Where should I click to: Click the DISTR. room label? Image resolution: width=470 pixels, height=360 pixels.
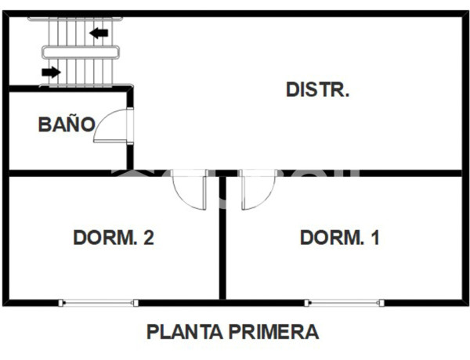point(317,89)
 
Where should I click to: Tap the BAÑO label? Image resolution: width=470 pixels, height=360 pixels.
point(67,124)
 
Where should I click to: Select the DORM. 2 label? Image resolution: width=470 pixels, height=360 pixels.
point(113,238)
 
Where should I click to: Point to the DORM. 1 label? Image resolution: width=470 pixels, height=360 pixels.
point(340,238)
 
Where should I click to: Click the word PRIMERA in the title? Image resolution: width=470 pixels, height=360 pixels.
point(273,332)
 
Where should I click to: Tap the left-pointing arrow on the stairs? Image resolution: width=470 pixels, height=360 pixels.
point(99,33)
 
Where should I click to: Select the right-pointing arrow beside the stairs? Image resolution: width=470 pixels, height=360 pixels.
point(51,73)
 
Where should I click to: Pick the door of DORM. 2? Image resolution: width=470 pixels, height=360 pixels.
point(190,189)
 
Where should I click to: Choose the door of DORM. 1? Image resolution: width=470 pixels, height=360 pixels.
point(256,189)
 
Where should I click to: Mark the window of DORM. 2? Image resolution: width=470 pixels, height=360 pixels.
point(99,302)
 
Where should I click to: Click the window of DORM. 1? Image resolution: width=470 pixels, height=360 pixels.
point(344,302)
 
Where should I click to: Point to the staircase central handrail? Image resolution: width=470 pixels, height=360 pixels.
point(82,52)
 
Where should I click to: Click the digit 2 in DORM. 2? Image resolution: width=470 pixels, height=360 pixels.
point(148,238)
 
